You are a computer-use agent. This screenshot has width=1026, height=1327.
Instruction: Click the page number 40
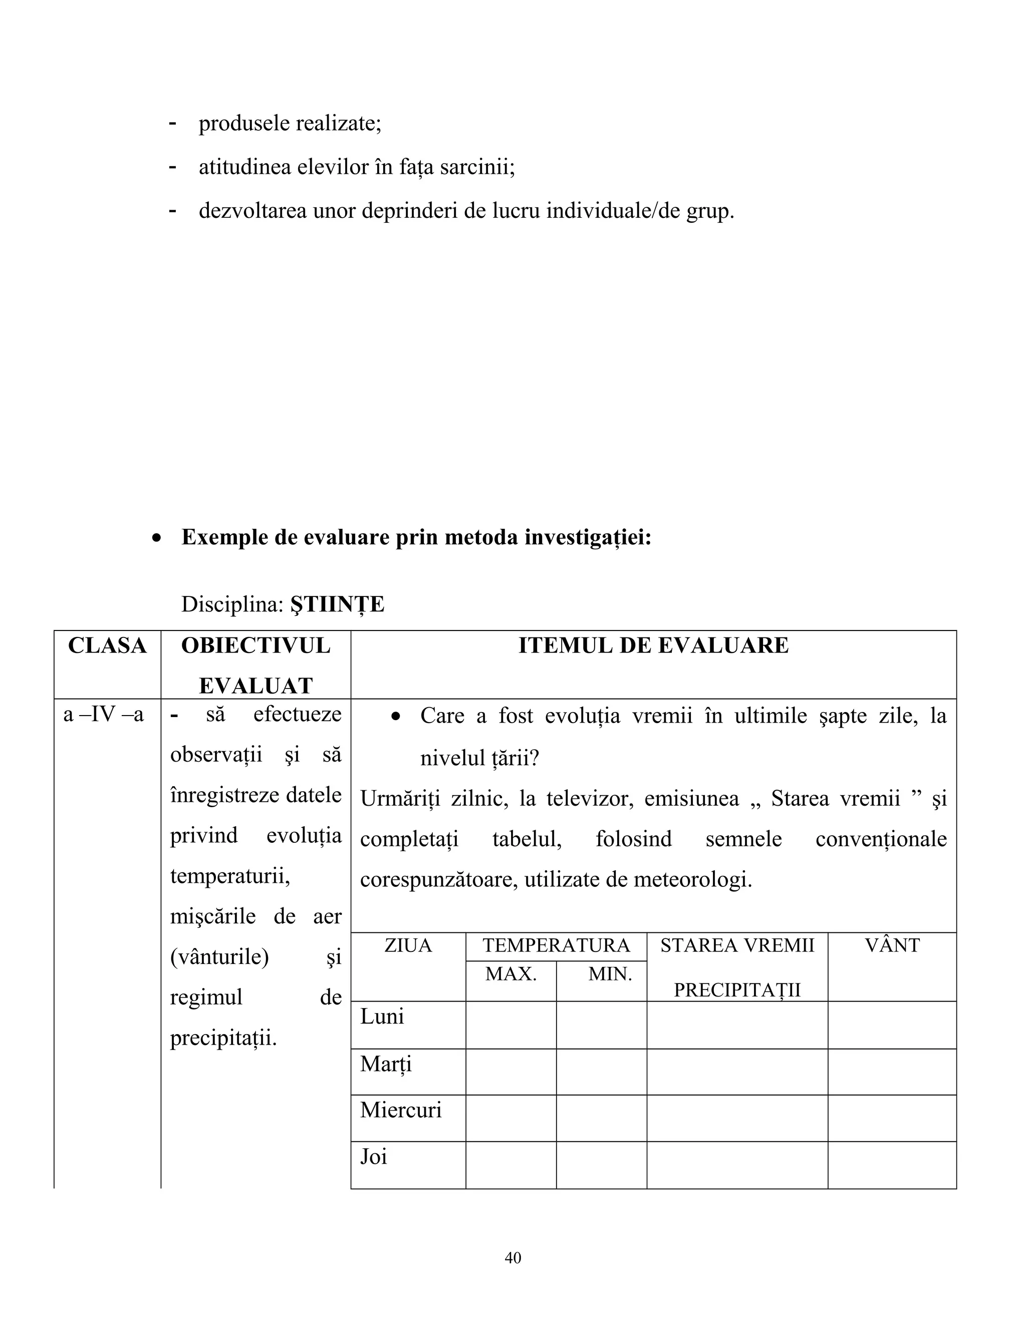click(512, 1258)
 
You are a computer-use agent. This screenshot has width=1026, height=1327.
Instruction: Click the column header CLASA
click(107, 646)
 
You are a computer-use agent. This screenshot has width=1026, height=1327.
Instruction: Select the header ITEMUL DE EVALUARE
click(653, 646)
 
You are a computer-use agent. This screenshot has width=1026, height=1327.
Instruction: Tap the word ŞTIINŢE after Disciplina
click(337, 604)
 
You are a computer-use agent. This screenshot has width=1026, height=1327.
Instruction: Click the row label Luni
click(382, 1017)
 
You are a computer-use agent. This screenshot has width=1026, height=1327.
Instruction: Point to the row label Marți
click(386, 1064)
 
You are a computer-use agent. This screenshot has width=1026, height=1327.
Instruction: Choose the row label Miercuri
click(401, 1110)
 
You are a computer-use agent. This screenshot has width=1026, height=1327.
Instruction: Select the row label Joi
click(373, 1157)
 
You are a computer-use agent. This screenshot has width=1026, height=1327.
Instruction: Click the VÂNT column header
click(892, 946)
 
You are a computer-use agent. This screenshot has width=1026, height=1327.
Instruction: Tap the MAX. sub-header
click(510, 974)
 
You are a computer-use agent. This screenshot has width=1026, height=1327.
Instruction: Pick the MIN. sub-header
click(610, 974)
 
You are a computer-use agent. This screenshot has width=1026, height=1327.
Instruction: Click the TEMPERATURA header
click(556, 946)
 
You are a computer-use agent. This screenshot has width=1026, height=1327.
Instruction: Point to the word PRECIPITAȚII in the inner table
click(736, 990)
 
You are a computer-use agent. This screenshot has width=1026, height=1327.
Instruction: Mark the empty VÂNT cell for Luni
click(892, 1025)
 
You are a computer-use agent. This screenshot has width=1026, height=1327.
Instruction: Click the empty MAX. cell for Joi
click(510, 1165)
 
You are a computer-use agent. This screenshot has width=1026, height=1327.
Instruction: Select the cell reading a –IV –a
click(103, 715)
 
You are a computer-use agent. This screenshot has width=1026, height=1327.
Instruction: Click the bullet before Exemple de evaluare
click(157, 538)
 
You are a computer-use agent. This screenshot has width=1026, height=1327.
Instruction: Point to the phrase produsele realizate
click(290, 123)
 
